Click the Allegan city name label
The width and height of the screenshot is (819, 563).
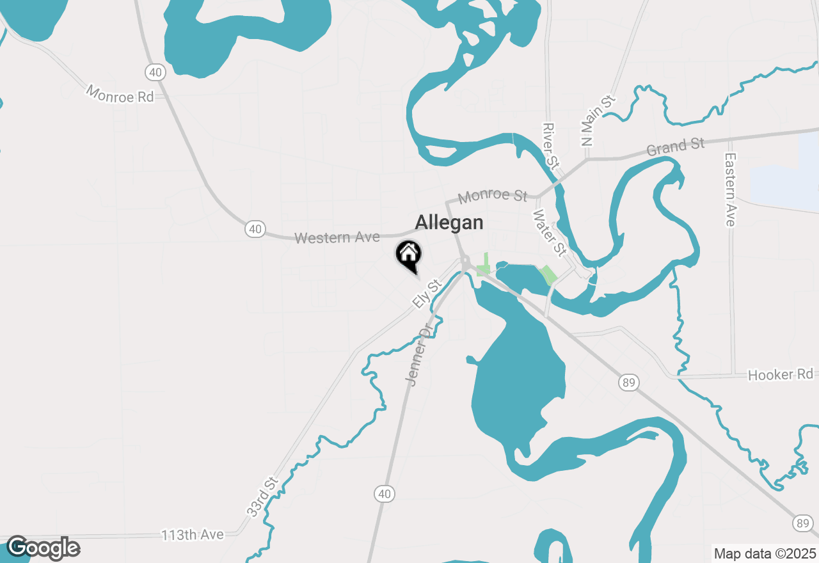449,223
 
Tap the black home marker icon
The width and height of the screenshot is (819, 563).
408,256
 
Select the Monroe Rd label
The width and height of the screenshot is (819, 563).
120,95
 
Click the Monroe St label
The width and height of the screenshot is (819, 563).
493,195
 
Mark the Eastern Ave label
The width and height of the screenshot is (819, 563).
731,189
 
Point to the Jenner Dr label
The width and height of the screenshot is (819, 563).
419,356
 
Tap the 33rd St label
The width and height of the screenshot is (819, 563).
262,496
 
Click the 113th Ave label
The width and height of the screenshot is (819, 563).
192,534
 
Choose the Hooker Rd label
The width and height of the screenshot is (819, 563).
780,374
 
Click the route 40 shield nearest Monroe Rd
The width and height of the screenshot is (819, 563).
155,72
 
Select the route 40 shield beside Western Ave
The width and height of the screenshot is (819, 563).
255,228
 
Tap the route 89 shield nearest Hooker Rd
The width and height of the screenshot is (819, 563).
628,383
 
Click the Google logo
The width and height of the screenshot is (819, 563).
42,548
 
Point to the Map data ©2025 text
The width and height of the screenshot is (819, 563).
765,553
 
